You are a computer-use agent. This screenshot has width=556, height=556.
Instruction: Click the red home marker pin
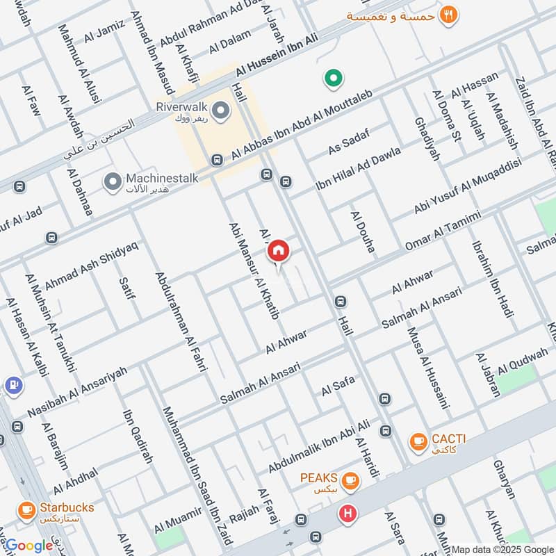click(278, 250)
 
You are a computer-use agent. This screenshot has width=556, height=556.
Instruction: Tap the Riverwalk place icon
click(221, 111)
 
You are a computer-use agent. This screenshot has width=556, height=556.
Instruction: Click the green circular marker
click(333, 79)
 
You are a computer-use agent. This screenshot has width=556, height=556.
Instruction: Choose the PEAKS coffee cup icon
click(351, 480)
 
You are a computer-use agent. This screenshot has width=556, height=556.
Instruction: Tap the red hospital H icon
click(346, 514)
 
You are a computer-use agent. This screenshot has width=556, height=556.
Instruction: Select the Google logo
click(29, 545)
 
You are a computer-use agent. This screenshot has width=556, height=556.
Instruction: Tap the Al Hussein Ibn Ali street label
click(276, 57)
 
